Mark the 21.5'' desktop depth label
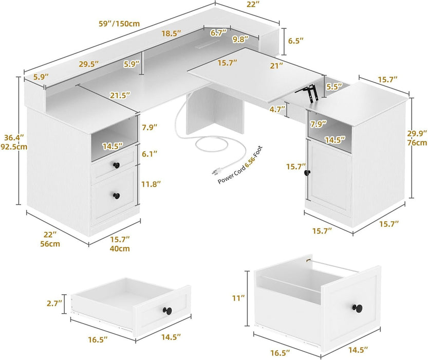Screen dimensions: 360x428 119,95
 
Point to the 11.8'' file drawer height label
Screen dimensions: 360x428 152,183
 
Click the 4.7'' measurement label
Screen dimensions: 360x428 277,109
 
